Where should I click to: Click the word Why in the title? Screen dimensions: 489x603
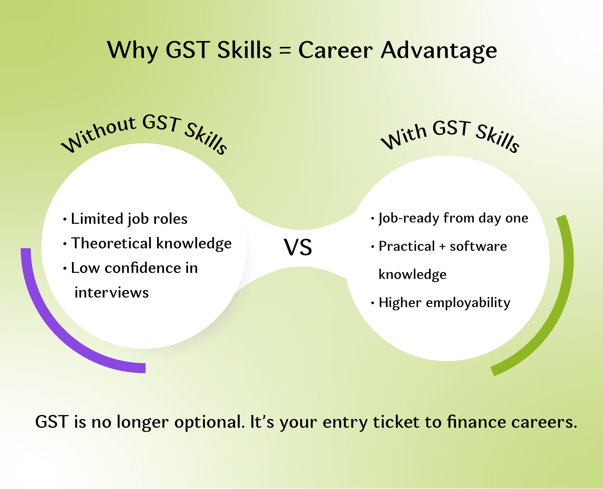[132, 50]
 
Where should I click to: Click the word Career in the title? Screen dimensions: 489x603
[335, 51]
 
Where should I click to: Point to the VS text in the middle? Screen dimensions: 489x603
[298, 247]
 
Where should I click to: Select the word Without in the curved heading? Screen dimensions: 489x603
[98, 133]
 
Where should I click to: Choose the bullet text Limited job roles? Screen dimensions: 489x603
[129, 219]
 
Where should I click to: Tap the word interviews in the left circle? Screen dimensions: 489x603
[112, 293]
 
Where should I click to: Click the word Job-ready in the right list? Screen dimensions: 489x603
[409, 218]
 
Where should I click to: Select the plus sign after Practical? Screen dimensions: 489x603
[442, 247]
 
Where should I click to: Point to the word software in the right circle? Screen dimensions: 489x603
[478, 246]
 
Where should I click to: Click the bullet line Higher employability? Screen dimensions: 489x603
[444, 303]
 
